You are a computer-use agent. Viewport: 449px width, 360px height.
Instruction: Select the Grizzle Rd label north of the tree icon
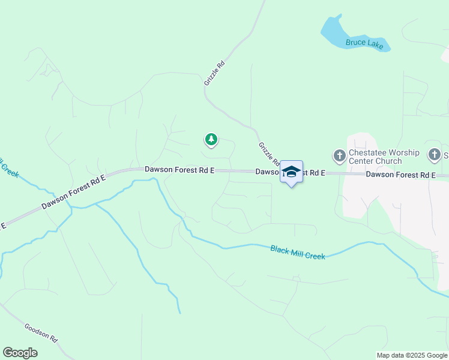(x=214, y=73)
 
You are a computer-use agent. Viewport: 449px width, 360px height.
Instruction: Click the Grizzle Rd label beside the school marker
(x=268, y=154)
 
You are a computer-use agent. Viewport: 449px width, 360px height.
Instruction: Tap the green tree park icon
(x=211, y=140)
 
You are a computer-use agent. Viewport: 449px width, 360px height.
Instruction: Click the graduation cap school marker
(x=291, y=172)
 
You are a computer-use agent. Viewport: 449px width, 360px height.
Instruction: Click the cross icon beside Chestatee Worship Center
(x=339, y=156)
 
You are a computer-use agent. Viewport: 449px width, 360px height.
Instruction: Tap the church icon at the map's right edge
(x=434, y=155)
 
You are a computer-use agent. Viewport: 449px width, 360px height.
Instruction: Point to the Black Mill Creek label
(x=297, y=252)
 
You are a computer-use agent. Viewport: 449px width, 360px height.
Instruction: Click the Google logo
(x=20, y=353)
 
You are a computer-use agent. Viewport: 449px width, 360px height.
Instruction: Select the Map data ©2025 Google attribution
(x=412, y=355)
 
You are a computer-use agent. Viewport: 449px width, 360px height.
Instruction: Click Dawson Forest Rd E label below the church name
(x=400, y=175)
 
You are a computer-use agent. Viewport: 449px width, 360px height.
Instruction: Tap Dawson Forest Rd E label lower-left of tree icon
(x=179, y=170)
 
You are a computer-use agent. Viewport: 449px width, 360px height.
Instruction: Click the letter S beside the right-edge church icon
(x=446, y=155)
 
